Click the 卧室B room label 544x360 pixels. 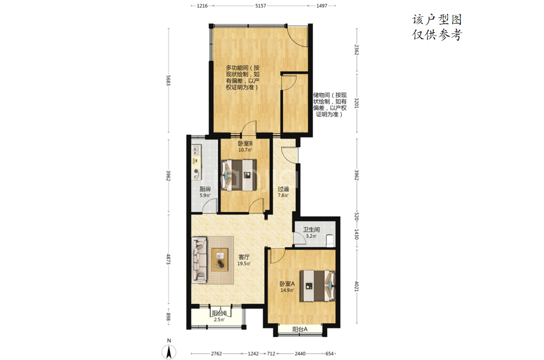click(245, 143)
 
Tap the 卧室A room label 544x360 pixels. click(287, 284)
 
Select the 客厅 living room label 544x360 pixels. click(244, 257)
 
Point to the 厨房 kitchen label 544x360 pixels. click(205, 189)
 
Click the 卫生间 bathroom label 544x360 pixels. click(311, 230)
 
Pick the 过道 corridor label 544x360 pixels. click(283, 189)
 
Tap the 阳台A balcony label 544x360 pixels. click(300, 330)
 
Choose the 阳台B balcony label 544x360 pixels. click(220, 313)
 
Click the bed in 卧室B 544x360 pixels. click(239, 175)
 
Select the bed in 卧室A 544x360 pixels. click(318, 286)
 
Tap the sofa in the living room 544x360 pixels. click(200, 259)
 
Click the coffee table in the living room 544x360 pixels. click(220, 260)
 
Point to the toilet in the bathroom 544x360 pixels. click(330, 240)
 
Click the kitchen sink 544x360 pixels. click(197, 150)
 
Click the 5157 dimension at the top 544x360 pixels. click(261, 6)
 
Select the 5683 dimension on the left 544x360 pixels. click(169, 80)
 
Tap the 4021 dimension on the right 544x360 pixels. click(357, 287)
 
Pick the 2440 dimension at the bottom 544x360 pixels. click(300, 354)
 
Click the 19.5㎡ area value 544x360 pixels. click(244, 264)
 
